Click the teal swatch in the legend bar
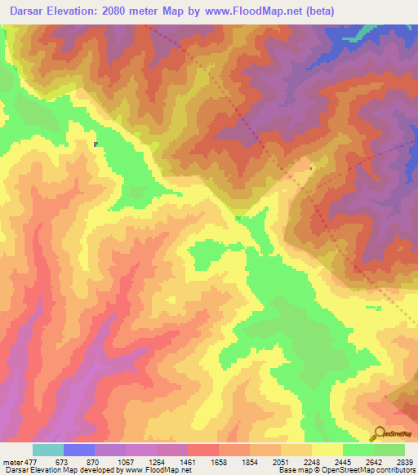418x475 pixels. click(47, 450)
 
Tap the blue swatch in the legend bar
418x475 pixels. click(78, 450)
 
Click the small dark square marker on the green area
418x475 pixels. click(96, 144)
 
